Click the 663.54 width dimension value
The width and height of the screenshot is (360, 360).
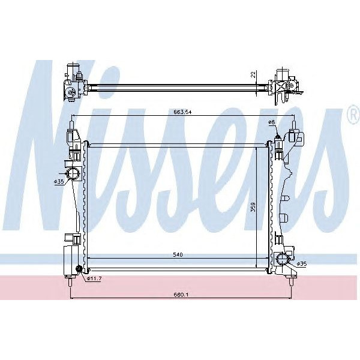[x=183, y=112]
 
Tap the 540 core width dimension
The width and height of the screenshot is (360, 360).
[x=178, y=254]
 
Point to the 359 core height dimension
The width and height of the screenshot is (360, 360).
[x=253, y=208]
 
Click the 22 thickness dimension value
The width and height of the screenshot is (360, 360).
[x=253, y=74]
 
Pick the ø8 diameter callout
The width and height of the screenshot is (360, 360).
[x=271, y=122]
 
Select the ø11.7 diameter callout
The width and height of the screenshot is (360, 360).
[x=94, y=279]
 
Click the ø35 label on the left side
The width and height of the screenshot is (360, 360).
[x=59, y=182]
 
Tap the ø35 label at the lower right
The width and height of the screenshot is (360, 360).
[x=301, y=264]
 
